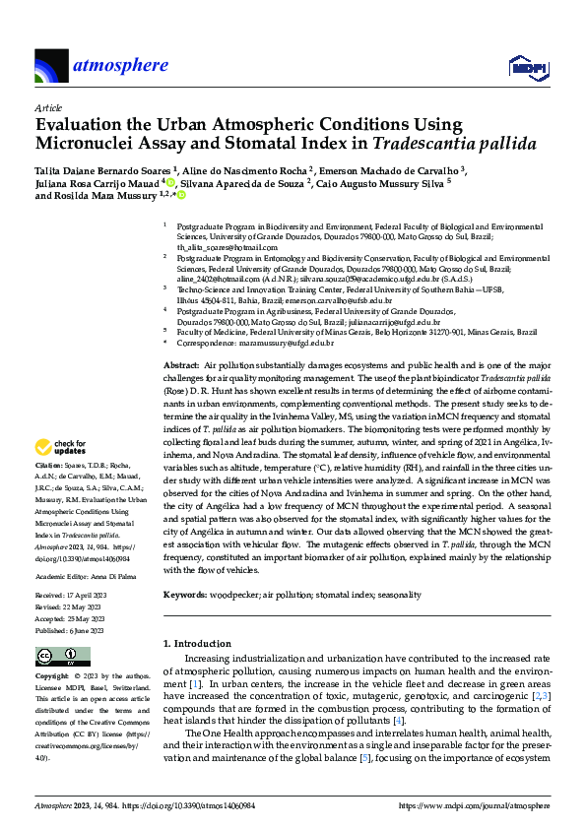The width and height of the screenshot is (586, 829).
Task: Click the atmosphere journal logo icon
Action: [50, 67]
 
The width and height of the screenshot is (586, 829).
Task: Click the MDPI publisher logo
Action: [526, 67]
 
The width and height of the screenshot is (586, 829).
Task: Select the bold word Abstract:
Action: [182, 365]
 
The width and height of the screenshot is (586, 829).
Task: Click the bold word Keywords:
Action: [185, 595]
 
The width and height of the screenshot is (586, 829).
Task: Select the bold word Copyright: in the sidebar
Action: [54, 678]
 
